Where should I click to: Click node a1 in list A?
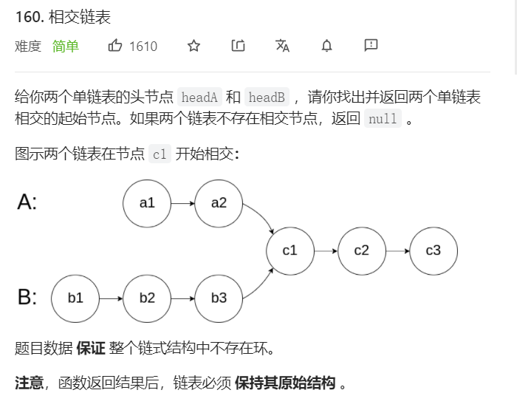(147, 202)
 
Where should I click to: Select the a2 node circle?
(219, 202)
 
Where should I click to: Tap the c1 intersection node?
(290, 250)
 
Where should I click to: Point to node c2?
(361, 250)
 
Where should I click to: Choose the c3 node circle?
(433, 250)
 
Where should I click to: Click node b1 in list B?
(75, 298)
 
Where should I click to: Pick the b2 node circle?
(147, 298)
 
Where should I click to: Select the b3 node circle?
(219, 298)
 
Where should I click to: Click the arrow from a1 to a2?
(182, 202)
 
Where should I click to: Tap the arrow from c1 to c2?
(325, 250)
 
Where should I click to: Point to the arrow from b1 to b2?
(111, 298)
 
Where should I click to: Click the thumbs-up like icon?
(115, 46)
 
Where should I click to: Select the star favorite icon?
(194, 46)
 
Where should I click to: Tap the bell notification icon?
(326, 46)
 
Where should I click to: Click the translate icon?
(282, 46)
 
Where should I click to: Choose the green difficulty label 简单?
(66, 47)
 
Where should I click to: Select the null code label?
(383, 119)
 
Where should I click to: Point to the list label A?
(27, 202)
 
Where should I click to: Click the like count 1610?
(143, 47)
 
